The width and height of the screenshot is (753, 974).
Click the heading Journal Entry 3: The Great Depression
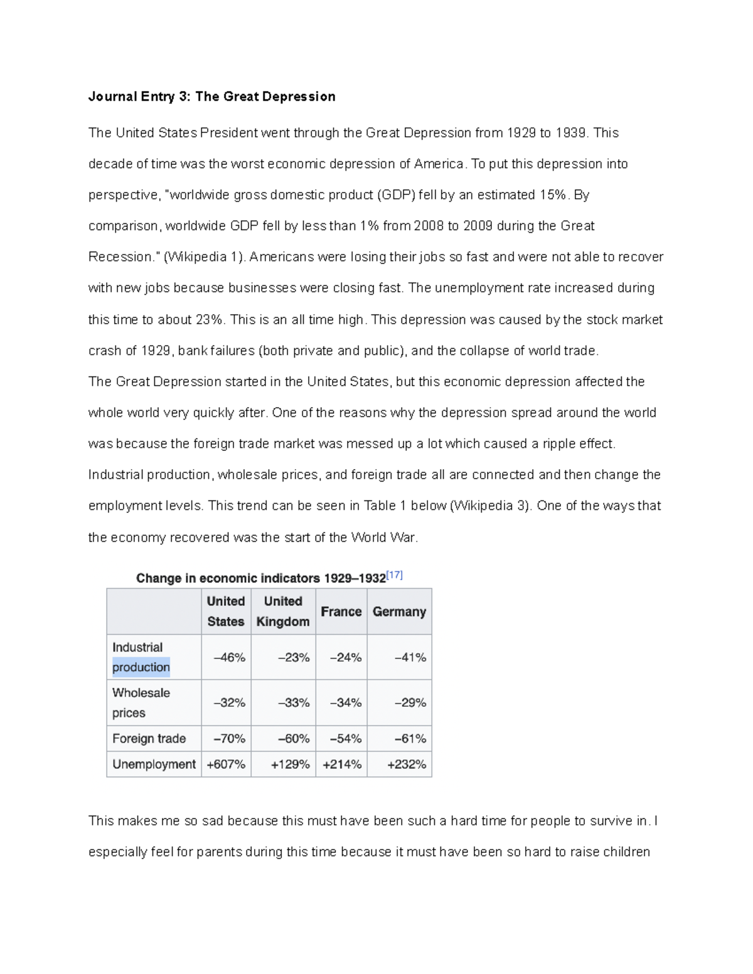point(211,97)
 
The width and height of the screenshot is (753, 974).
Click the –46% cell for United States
point(229,657)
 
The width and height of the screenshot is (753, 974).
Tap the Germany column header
point(399,611)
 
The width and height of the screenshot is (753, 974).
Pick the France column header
point(341,611)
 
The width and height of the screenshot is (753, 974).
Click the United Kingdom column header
point(283,611)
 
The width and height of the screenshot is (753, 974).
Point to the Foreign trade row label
point(149,739)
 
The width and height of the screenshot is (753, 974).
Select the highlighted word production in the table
point(141,667)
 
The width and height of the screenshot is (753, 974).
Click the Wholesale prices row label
point(141,702)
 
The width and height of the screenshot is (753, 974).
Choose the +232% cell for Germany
point(406,765)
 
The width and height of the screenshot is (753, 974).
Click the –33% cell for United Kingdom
point(294,703)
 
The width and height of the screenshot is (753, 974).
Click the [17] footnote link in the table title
point(394,575)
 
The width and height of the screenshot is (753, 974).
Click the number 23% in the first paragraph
point(209,320)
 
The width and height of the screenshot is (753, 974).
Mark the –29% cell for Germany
point(410,703)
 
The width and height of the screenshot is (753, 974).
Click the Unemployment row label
point(154,765)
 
